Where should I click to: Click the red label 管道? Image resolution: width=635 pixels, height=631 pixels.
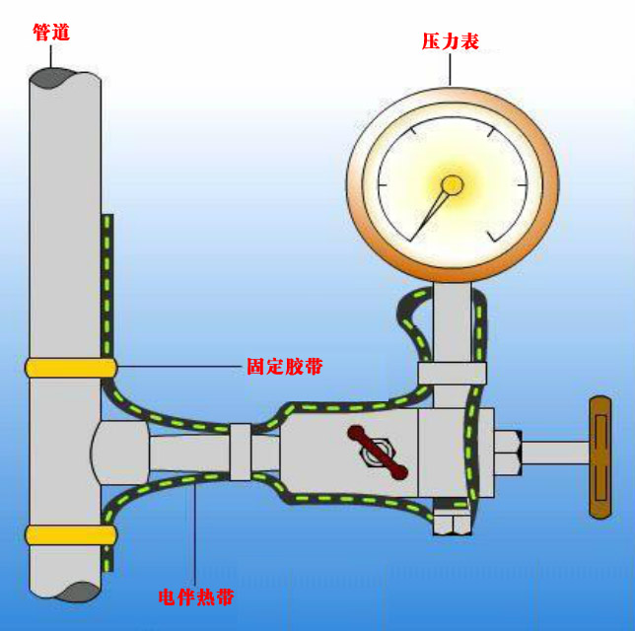click(x=51, y=33)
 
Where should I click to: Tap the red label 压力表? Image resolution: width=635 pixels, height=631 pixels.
click(x=451, y=41)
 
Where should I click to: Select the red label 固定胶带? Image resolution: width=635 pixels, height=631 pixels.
click(x=284, y=367)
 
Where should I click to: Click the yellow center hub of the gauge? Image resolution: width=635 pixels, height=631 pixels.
click(x=452, y=184)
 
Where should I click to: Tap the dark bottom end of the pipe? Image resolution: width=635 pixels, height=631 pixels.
click(x=66, y=591)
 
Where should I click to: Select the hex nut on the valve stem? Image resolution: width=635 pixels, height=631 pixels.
click(x=507, y=455)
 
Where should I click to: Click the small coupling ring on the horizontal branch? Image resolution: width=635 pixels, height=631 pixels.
click(x=241, y=453)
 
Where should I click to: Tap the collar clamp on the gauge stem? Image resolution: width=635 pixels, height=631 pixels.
click(x=452, y=374)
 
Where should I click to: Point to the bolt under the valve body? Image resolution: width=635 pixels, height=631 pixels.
click(x=451, y=522)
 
